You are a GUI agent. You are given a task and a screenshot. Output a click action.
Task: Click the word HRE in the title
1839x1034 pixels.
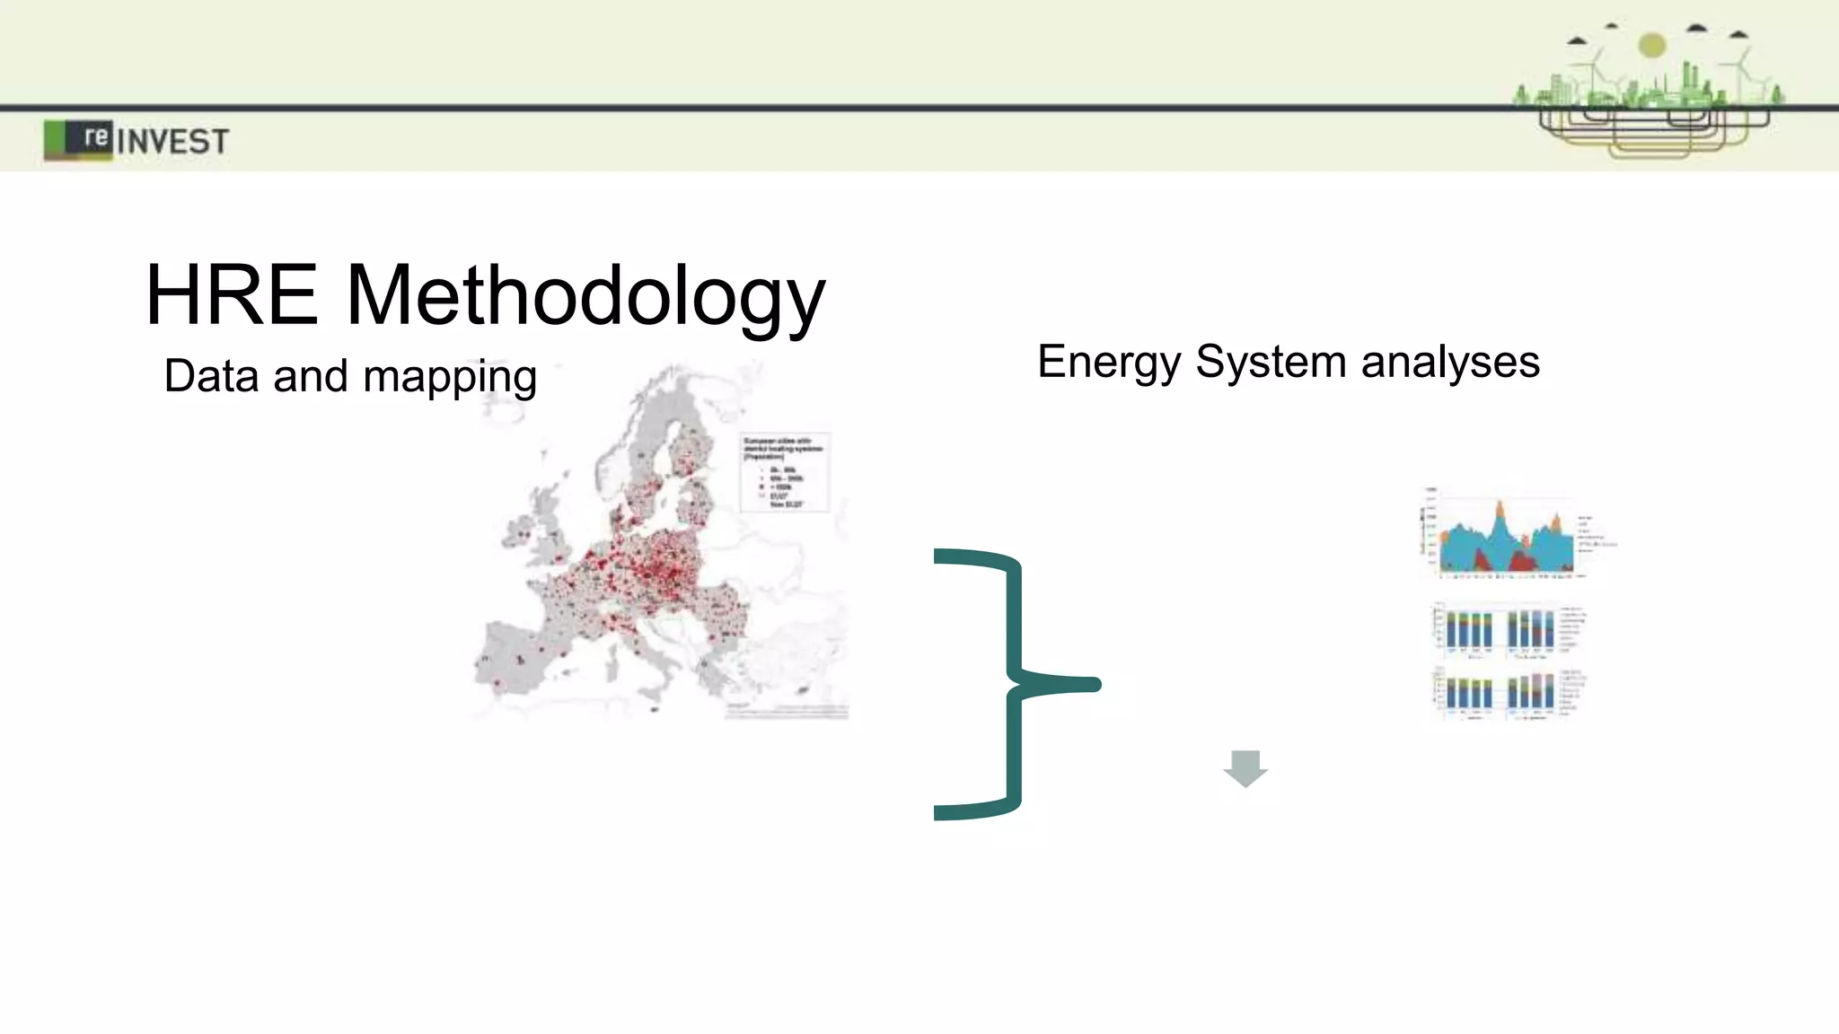pyautogui.click(x=232, y=295)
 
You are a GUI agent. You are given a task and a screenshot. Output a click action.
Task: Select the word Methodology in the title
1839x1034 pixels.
pyautogui.click(x=585, y=297)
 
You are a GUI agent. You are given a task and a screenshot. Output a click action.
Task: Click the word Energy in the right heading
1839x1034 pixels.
pyautogui.click(x=1109, y=363)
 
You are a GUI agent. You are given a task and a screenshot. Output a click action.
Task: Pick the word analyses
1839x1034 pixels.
pyautogui.click(x=1450, y=363)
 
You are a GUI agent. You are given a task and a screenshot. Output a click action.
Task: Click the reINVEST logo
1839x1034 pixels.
pyautogui.click(x=136, y=140)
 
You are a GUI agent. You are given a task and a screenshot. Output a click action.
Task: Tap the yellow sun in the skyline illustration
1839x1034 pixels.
pyautogui.click(x=1652, y=45)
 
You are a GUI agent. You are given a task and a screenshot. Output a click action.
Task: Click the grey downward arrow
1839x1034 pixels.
pyautogui.click(x=1245, y=768)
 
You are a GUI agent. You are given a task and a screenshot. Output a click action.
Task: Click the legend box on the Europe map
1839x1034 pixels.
pyautogui.click(x=784, y=472)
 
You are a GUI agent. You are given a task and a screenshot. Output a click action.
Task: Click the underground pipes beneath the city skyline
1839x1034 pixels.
pyautogui.click(x=1652, y=131)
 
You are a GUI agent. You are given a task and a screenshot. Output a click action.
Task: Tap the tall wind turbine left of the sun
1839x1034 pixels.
pyautogui.click(x=1596, y=72)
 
